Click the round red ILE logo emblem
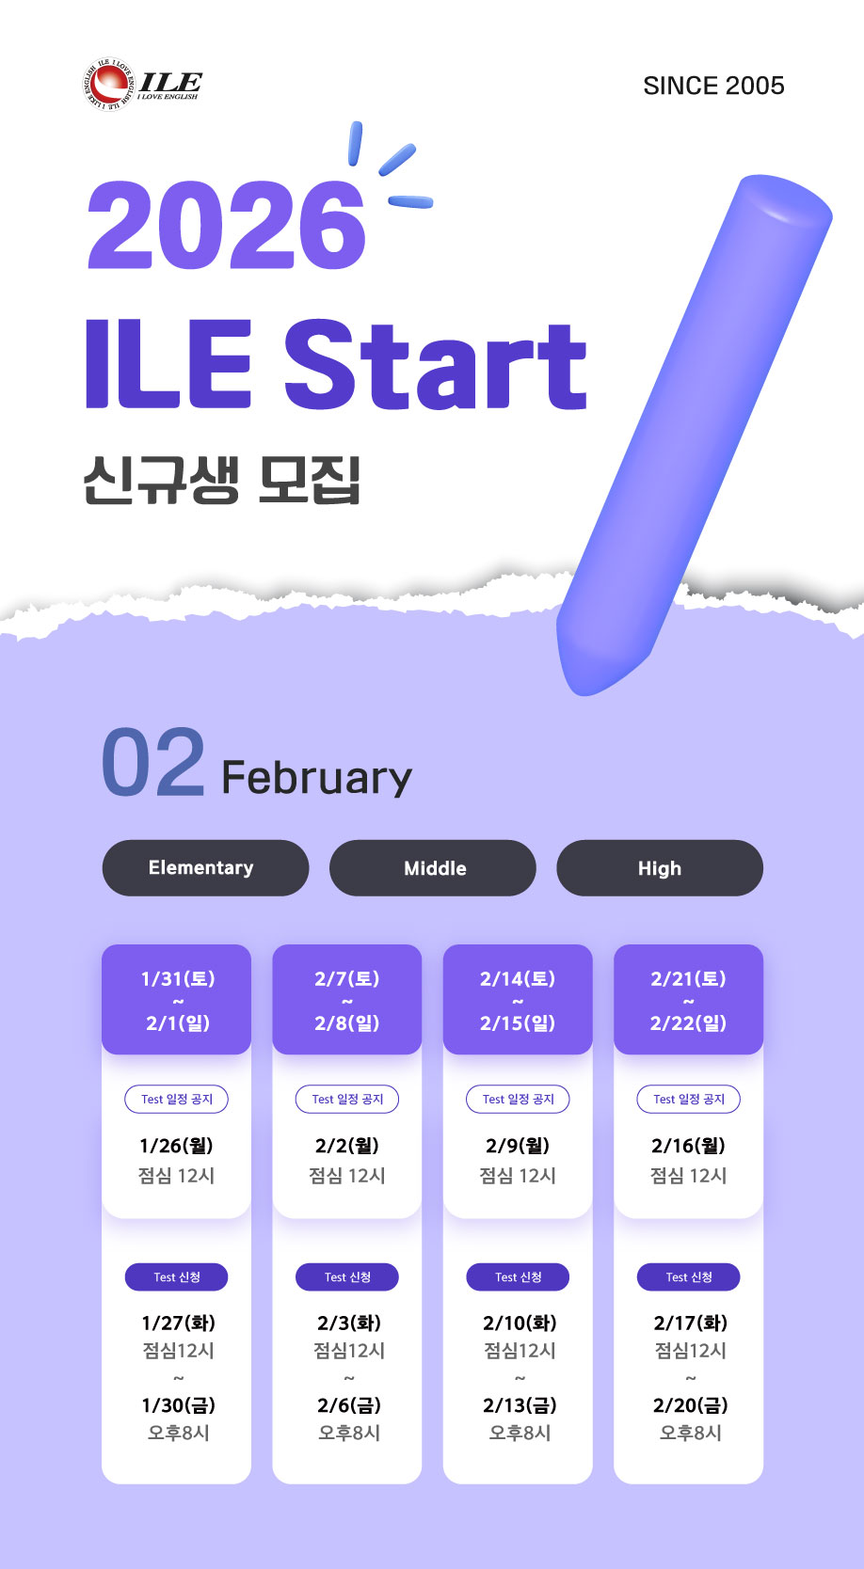[108, 84]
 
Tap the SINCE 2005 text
[713, 86]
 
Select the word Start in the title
[435, 364]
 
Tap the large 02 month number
[153, 762]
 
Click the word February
[317, 778]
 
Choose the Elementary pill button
[205, 868]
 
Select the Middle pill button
[432, 868]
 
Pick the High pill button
[660, 868]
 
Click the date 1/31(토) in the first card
[178, 978]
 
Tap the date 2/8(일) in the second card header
[347, 1023]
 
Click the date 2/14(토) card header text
[518, 978]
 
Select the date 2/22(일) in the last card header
[688, 1023]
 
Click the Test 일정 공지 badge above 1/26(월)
[177, 1099]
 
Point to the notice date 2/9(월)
[518, 1146]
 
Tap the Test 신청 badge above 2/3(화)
[347, 1276]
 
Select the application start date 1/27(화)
[179, 1323]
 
